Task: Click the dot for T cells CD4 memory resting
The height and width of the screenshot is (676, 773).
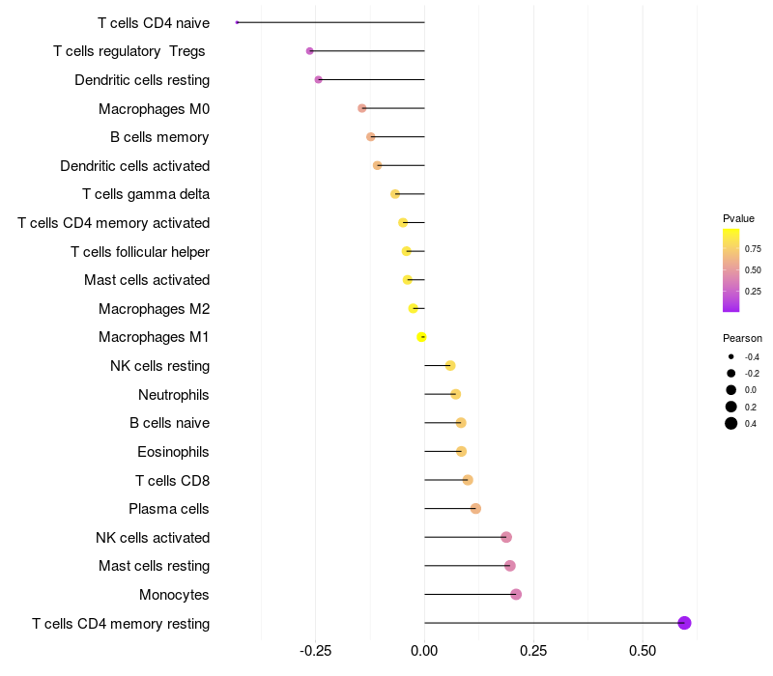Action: [684, 623]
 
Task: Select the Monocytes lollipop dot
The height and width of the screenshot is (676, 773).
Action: [516, 594]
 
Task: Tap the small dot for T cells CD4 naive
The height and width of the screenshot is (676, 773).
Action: [237, 22]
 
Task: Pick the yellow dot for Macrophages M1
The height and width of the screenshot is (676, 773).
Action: [421, 337]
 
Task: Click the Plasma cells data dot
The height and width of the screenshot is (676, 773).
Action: [475, 508]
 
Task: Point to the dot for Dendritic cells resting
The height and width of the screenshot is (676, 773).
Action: [318, 79]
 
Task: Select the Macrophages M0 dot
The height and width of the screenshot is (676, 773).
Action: [362, 108]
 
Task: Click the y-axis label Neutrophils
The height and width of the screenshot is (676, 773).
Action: [174, 394]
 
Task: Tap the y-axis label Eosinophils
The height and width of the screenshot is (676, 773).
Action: [174, 451]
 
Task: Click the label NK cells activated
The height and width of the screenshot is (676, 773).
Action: [153, 537]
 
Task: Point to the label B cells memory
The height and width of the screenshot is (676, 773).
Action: [159, 137]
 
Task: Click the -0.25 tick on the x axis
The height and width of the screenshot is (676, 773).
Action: [316, 651]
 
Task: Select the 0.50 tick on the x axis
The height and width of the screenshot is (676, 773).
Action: [643, 651]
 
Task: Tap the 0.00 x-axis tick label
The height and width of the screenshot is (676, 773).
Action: [425, 651]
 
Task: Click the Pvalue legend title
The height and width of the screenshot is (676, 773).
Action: [738, 218]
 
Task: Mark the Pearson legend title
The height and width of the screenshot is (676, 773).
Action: [742, 338]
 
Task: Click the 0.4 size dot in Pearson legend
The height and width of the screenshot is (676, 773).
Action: [731, 423]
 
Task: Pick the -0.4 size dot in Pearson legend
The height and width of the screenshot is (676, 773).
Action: [731, 356]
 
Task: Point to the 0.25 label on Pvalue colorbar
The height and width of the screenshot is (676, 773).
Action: [753, 291]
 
